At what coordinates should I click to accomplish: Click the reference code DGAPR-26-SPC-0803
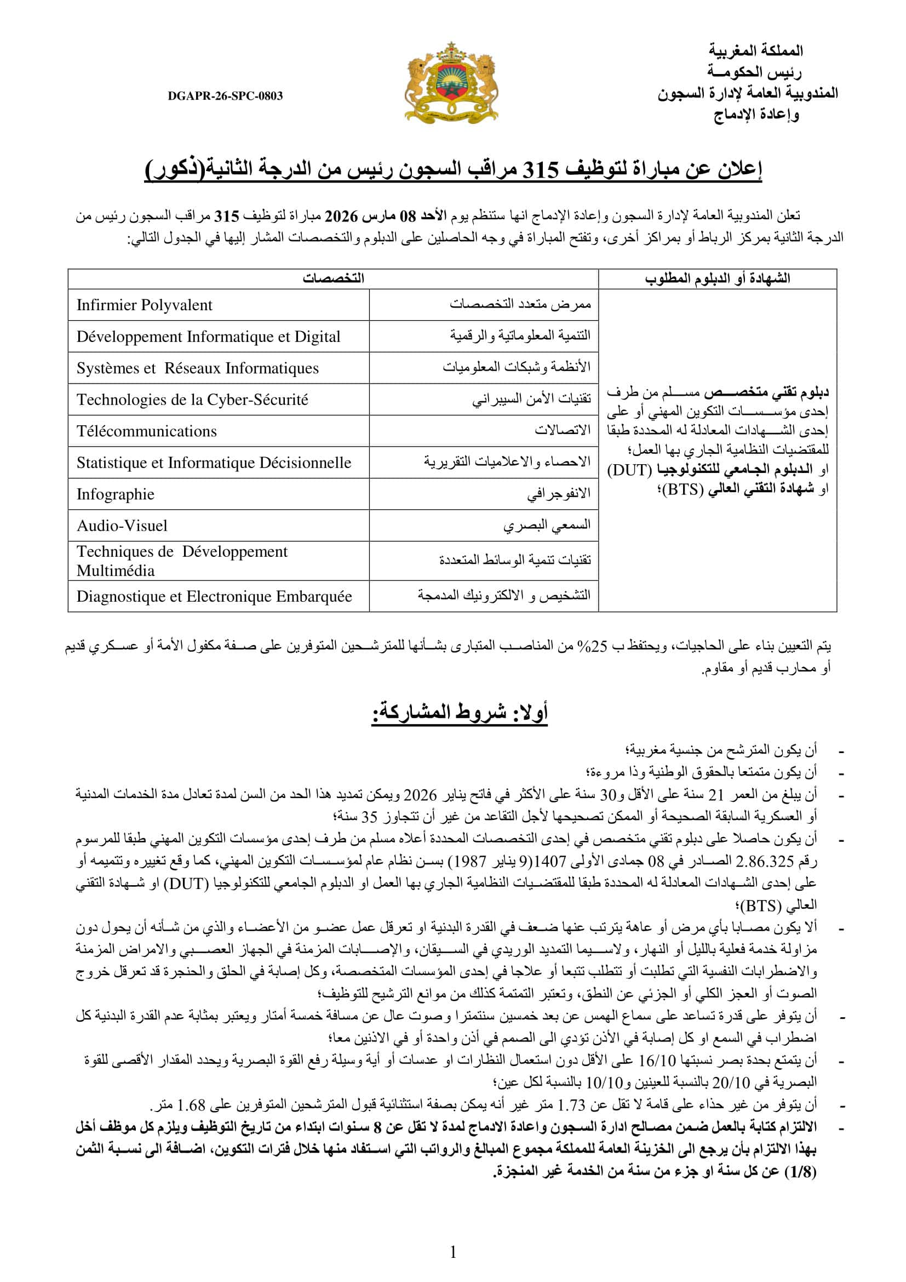[225, 96]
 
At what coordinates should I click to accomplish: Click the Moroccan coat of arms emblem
[451, 83]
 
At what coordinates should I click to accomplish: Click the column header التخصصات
[333, 278]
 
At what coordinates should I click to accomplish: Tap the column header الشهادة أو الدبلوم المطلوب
[717, 278]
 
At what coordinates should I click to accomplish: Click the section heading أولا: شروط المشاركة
[460, 713]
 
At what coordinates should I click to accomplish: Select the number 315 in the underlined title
[540, 170]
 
